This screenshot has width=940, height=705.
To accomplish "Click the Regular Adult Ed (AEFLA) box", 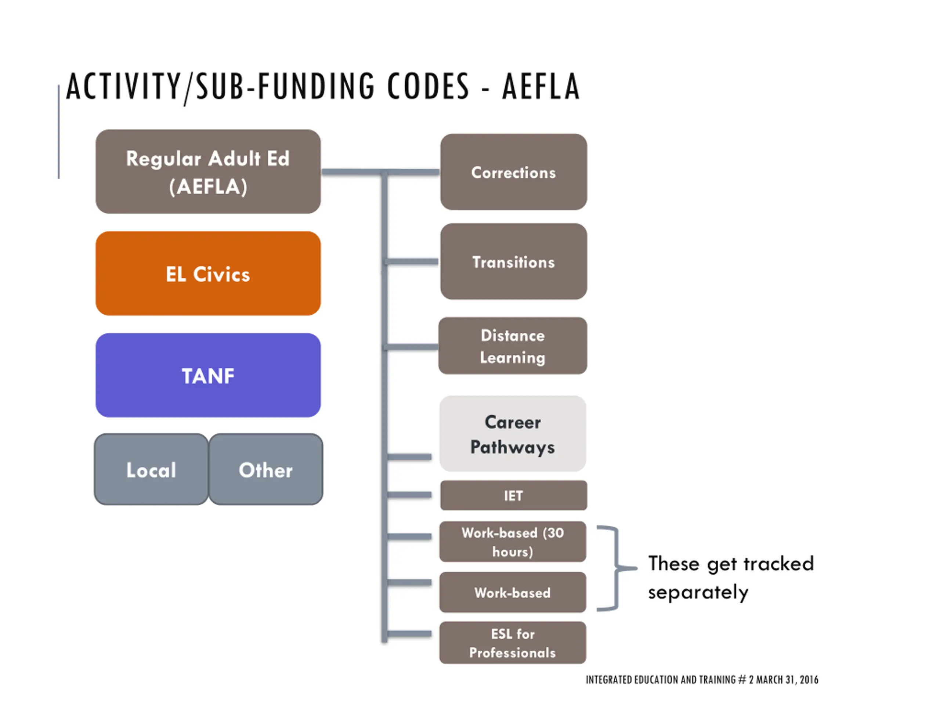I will pos(208,172).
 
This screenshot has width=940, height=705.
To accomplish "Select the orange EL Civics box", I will pos(208,273).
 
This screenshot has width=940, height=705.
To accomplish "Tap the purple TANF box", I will pos(208,375).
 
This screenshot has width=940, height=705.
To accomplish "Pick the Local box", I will pos(151,470).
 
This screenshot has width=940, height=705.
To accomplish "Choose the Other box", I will pos(265,470).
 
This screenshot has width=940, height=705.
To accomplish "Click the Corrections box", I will pos(513,172).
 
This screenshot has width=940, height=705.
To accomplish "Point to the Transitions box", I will pos(513,262).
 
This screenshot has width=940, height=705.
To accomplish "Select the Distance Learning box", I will pos(513,346).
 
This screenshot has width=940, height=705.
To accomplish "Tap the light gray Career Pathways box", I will pos(513,434).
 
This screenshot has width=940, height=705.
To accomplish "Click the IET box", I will pos(513,495).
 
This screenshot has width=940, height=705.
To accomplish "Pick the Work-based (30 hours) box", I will pos(513,542).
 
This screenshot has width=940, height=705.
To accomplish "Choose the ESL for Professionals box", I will pos(513,643).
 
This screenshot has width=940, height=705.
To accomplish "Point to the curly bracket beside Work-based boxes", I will pos(616,568).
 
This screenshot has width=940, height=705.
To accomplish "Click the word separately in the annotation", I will pos(698,592).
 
